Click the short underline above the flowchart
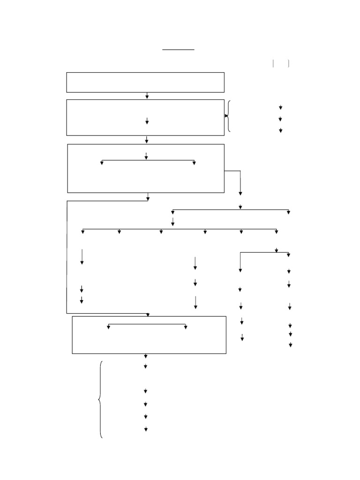[x=178, y=49]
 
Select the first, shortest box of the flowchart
[x=145, y=82]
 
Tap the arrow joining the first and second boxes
[x=147, y=96]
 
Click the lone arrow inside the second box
[x=147, y=121]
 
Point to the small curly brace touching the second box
[x=228, y=116]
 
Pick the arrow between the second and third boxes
[x=147, y=140]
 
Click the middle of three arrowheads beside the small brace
[x=280, y=119]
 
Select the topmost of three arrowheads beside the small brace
[x=280, y=108]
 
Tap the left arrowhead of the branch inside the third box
[x=102, y=163]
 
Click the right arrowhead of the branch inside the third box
[x=194, y=163]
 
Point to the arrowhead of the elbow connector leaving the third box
[x=240, y=193]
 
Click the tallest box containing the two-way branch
[x=146, y=168]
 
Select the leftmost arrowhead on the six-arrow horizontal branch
[x=83, y=232]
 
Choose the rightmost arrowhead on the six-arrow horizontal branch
[x=277, y=232]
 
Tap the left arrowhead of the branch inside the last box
[x=108, y=327]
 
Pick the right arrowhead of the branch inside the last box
[x=186, y=327]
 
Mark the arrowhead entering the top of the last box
[x=148, y=315]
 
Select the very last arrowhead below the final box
[x=146, y=429]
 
